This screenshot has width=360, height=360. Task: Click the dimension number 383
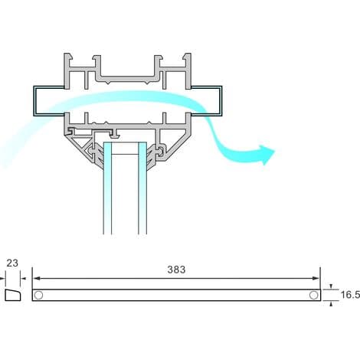point(176,270)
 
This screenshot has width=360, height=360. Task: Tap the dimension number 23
point(12,263)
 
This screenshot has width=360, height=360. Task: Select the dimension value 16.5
point(350,295)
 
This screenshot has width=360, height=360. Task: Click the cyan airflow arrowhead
point(267,155)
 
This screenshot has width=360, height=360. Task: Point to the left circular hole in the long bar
point(38,295)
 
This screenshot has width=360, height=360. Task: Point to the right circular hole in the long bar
point(313,295)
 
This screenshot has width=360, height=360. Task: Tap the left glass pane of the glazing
point(107,188)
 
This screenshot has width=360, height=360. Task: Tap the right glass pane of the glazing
point(142,188)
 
